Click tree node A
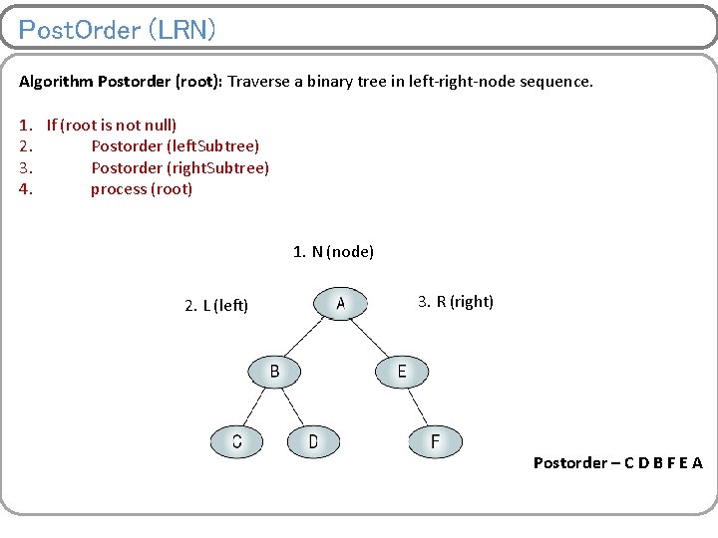coord(340,304)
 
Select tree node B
coord(275,373)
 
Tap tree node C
coord(237,441)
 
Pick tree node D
coord(313,441)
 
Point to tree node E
coord(402,373)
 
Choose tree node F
coord(435,441)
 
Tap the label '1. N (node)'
coord(333,252)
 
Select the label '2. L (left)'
coord(216,305)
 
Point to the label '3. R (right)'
coord(455,302)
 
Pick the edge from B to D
coord(295,406)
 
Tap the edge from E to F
coord(419,406)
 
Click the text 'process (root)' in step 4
coord(142,189)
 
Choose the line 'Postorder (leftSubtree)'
coord(175,146)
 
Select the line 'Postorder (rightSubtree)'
coord(179,167)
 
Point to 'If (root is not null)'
coord(112,126)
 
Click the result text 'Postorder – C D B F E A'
coord(617,462)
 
